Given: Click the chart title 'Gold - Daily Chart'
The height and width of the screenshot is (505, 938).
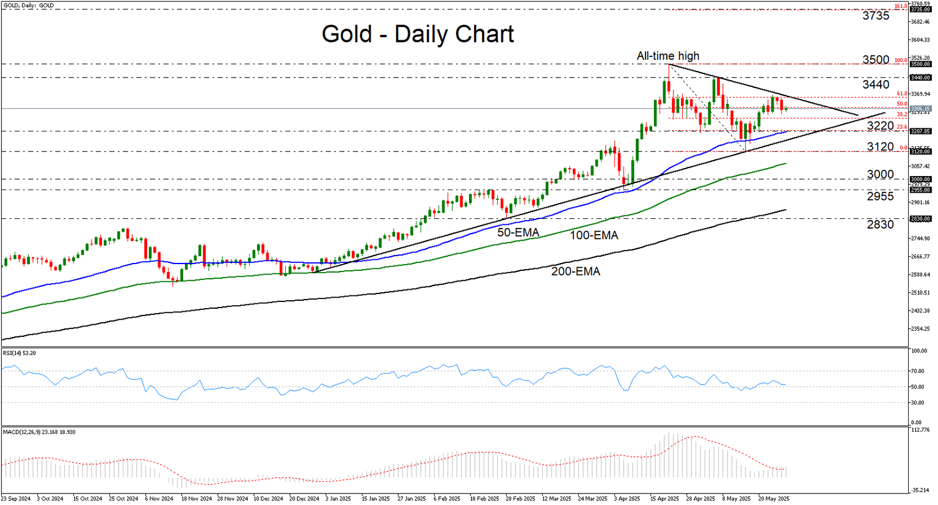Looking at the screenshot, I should [x=418, y=34].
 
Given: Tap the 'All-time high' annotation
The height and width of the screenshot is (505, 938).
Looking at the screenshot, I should [x=667, y=56].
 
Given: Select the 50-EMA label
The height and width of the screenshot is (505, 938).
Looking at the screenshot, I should [x=518, y=232].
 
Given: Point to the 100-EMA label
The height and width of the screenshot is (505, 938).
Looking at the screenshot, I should [x=594, y=235].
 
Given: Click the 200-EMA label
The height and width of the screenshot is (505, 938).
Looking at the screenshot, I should [x=575, y=271].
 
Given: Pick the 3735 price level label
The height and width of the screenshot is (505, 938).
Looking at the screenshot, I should [x=876, y=16].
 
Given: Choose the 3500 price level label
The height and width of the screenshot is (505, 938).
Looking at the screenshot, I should [x=876, y=60].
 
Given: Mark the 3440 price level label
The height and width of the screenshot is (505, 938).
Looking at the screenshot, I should [x=876, y=84].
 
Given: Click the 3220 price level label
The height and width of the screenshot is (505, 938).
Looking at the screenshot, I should [x=880, y=126].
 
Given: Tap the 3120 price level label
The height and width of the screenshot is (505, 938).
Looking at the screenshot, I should [x=880, y=147].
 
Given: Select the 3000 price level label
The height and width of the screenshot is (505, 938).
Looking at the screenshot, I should [x=880, y=175].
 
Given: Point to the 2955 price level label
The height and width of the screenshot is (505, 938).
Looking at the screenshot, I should [x=880, y=196].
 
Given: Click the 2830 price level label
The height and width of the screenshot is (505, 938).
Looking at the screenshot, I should [x=880, y=224].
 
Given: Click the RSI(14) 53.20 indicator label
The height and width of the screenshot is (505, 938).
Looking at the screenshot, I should [x=20, y=353].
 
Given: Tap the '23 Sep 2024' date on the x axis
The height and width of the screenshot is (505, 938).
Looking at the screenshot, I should [x=16, y=499].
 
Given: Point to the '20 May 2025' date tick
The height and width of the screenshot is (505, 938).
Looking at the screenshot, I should [x=774, y=499].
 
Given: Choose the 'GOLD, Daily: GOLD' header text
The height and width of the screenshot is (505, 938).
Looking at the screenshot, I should [x=28, y=6].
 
